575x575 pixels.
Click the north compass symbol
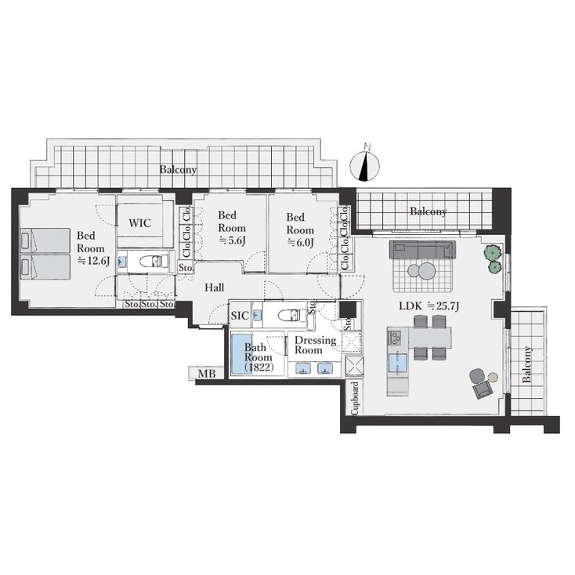(x=364, y=166)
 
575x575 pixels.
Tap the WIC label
(x=139, y=223)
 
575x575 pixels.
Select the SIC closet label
(x=240, y=316)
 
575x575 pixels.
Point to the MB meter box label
(x=207, y=374)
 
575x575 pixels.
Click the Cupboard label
(x=355, y=399)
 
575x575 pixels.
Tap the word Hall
(x=214, y=287)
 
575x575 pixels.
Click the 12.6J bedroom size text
(x=94, y=261)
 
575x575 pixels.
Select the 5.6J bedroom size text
(x=232, y=241)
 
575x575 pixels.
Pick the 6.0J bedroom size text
(x=300, y=243)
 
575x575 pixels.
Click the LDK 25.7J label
(x=429, y=306)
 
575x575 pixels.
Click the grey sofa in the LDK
(x=422, y=249)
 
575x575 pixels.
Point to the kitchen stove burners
(x=396, y=338)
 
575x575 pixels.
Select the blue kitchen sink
(x=397, y=363)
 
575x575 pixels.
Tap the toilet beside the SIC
(x=292, y=315)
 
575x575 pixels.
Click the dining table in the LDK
(x=429, y=338)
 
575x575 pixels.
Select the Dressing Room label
(x=316, y=345)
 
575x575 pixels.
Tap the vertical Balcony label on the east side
(x=526, y=364)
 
